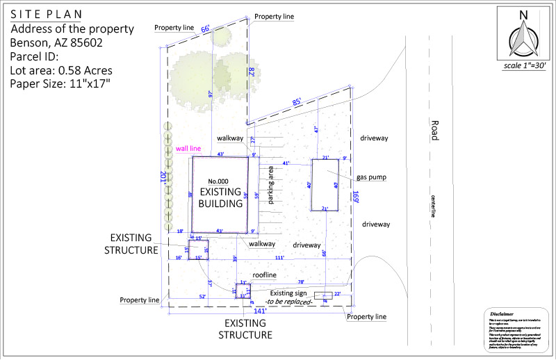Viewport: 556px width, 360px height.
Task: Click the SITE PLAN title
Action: [46, 15]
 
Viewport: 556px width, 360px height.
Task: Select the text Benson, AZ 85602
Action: [55, 42]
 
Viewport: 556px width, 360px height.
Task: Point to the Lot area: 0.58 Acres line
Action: [61, 70]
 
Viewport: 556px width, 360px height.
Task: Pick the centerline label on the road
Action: [432, 206]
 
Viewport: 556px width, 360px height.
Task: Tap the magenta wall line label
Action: [188, 148]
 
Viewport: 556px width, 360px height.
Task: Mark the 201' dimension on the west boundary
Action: [163, 179]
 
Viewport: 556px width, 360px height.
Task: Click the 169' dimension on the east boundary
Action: [355, 195]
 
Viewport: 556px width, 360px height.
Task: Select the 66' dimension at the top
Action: [205, 28]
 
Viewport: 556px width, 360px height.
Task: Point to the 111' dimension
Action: [280, 257]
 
